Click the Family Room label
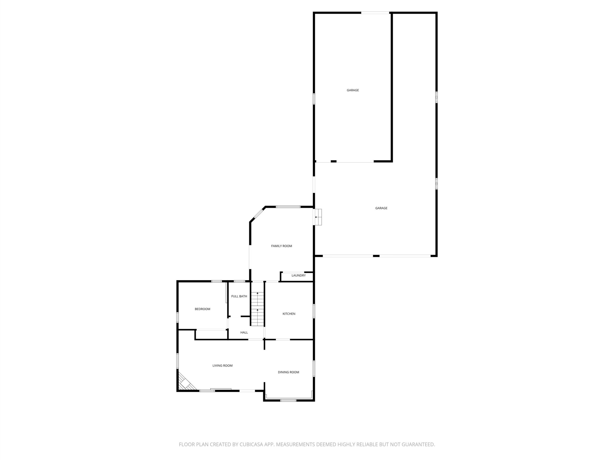pos(282,246)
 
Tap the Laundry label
pos(298,275)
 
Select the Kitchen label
pos(289,314)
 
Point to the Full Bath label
pos(239,296)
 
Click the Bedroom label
pos(202,309)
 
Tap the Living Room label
pos(222,365)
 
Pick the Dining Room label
pos(288,372)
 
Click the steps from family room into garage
pos(318,217)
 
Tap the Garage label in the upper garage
pos(353,90)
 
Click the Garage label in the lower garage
pos(381,208)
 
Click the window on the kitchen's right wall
pos(314,311)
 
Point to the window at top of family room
pos(288,207)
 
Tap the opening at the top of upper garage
pos(375,12)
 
